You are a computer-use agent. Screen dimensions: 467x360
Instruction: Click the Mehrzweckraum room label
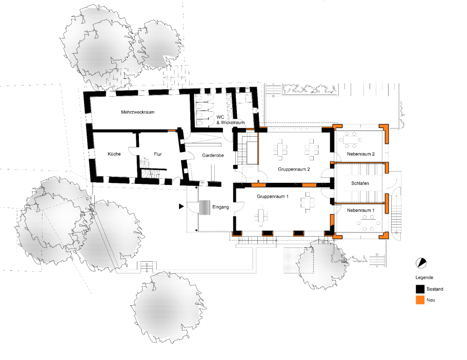point(137,112)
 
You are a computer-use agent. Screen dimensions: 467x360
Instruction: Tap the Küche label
point(114,154)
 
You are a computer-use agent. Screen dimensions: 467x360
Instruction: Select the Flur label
point(158,154)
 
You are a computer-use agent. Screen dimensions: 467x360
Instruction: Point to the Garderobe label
point(213,155)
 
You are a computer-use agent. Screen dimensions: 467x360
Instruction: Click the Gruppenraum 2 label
point(294,170)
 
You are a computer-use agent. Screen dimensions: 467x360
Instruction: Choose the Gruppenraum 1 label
point(273,197)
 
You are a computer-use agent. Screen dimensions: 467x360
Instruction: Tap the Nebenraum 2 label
point(361,154)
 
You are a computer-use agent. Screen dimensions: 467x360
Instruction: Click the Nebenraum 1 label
point(361,210)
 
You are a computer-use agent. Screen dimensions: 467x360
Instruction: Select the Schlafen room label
point(360,183)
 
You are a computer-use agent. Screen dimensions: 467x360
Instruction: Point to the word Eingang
point(220,207)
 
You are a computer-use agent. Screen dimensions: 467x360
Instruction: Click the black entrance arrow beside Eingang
point(181,206)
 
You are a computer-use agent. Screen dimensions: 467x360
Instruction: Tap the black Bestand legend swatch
point(420,289)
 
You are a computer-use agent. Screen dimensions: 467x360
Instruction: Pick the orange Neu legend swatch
point(420,300)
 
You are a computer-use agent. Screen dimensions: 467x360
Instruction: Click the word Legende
point(424,278)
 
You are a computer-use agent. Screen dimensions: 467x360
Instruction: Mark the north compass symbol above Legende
point(421,263)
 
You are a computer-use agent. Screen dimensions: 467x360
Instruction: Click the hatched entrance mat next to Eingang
point(205,207)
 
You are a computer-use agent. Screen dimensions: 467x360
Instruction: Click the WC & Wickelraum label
point(231,120)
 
